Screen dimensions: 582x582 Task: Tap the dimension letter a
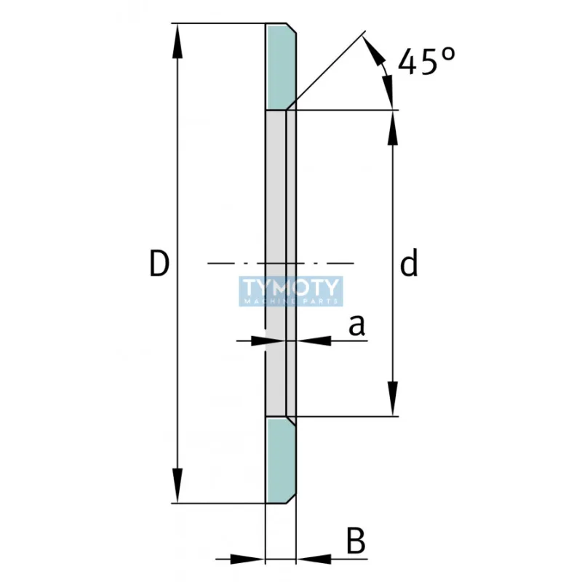356,327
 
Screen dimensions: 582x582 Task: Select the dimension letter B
354,542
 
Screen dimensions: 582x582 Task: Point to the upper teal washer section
280,67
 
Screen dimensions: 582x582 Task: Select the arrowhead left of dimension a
255,340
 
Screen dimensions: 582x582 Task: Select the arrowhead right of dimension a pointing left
308,340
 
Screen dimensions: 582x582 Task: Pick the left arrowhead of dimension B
252,559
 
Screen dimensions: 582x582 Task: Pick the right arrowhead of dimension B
308,559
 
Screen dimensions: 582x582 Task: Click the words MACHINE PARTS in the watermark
291,300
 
